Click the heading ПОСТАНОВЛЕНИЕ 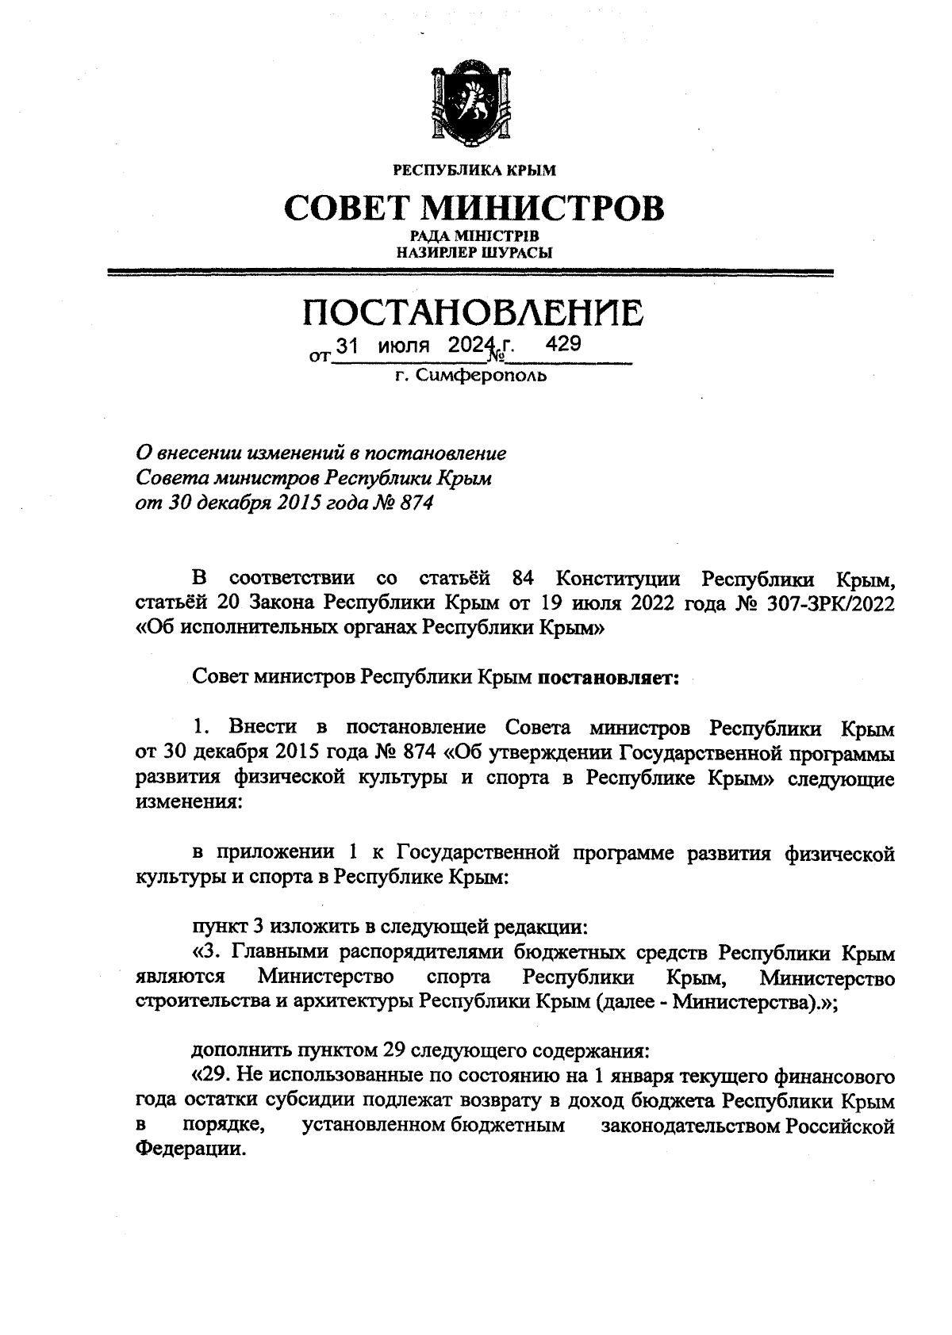474,313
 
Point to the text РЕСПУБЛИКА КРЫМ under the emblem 474,170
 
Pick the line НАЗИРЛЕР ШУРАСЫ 474,252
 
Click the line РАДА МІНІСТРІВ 474,236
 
